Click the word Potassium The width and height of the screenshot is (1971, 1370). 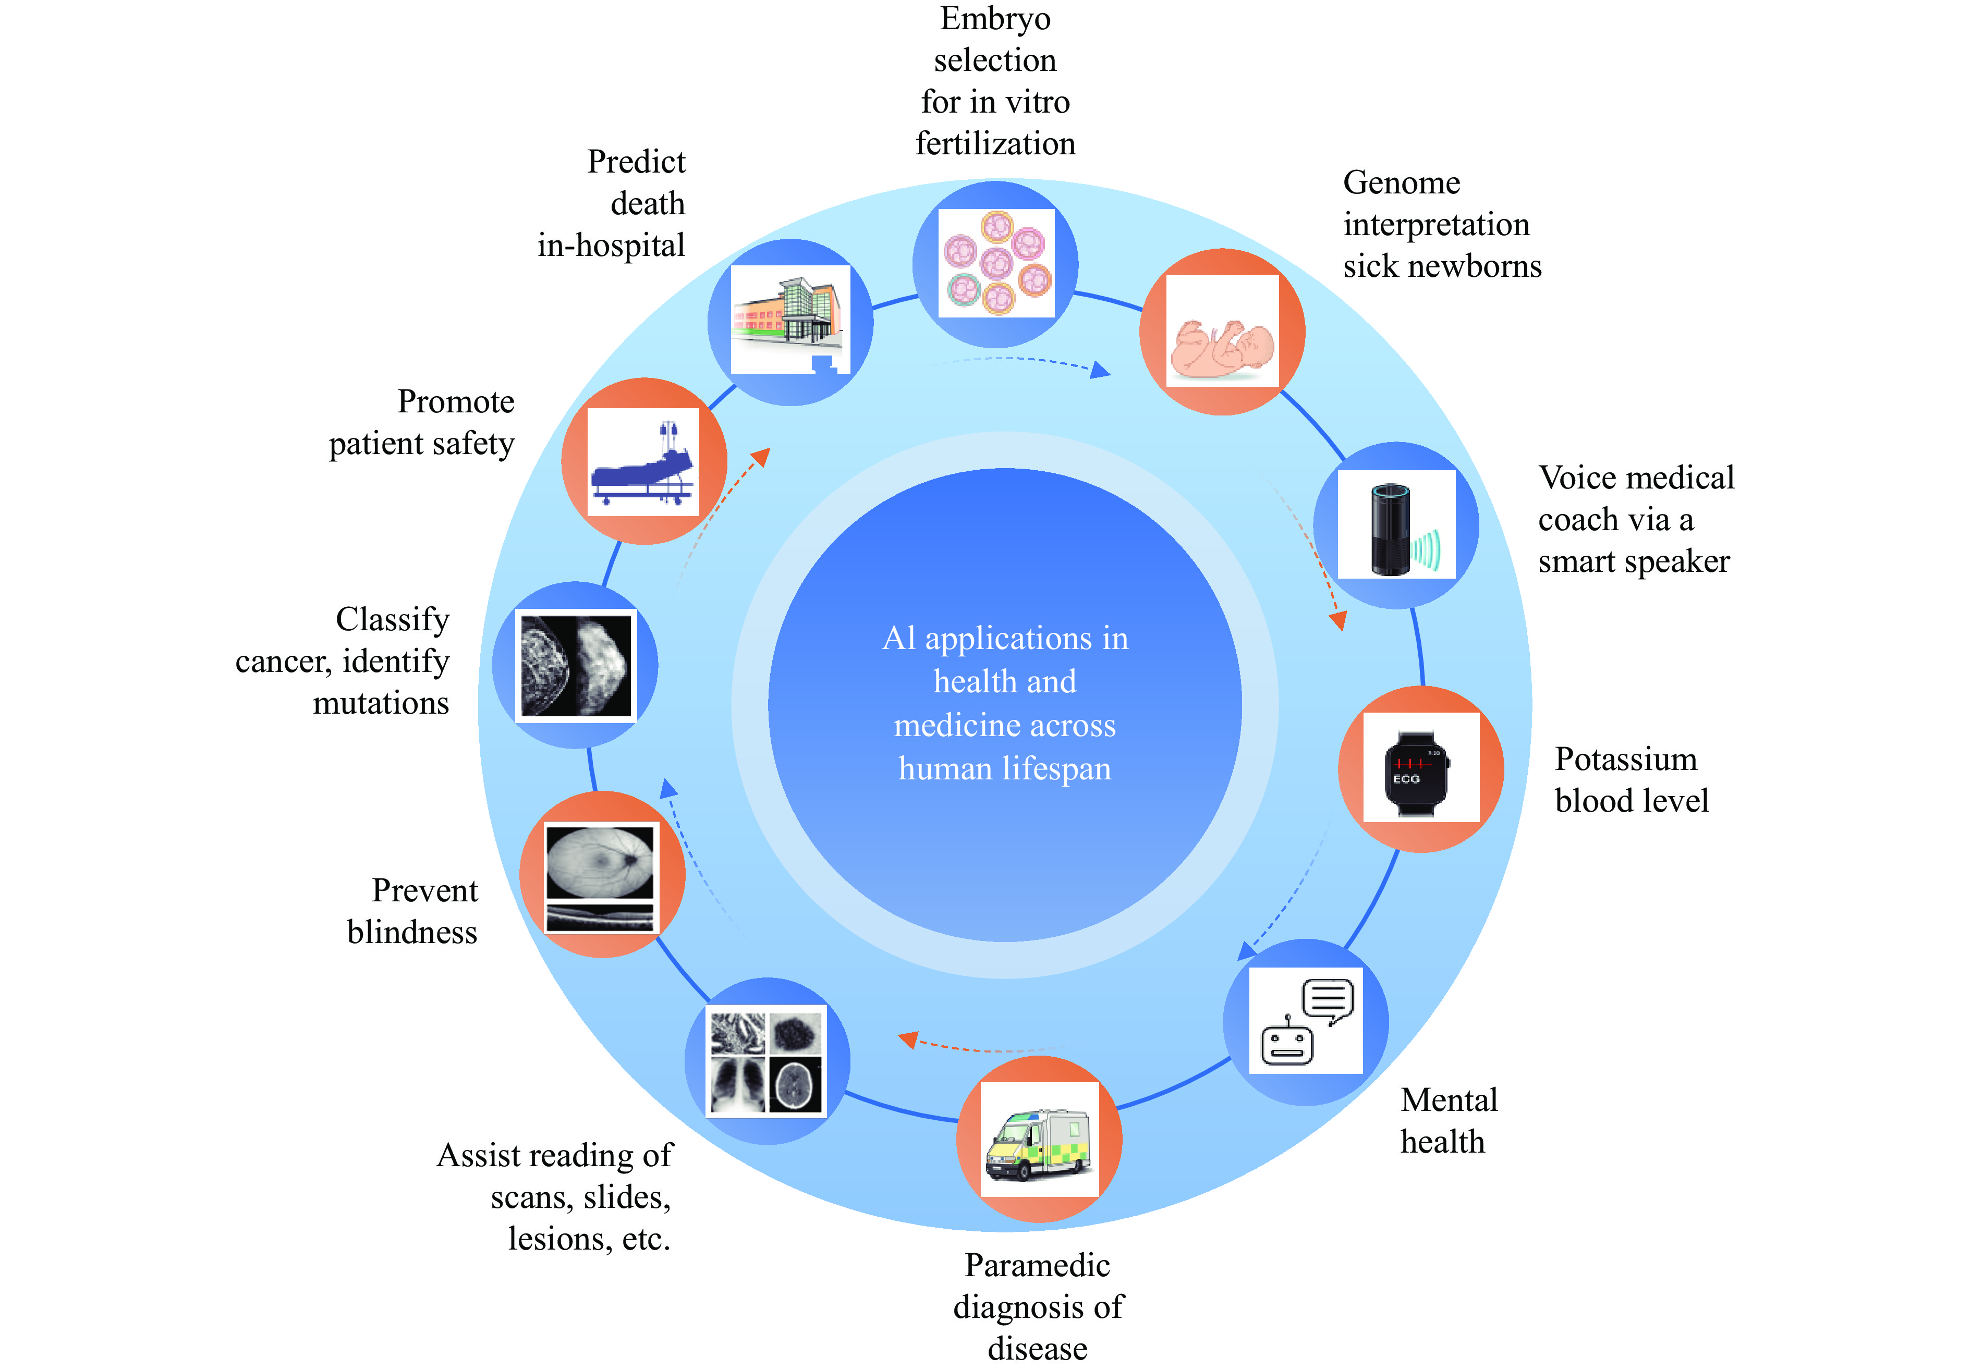1626,760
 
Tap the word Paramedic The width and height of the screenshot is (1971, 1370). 1037,1265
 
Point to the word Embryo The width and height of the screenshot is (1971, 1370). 995,19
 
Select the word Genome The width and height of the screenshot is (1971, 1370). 1401,183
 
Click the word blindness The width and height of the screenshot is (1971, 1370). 412,932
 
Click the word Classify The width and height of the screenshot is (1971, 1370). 392,619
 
